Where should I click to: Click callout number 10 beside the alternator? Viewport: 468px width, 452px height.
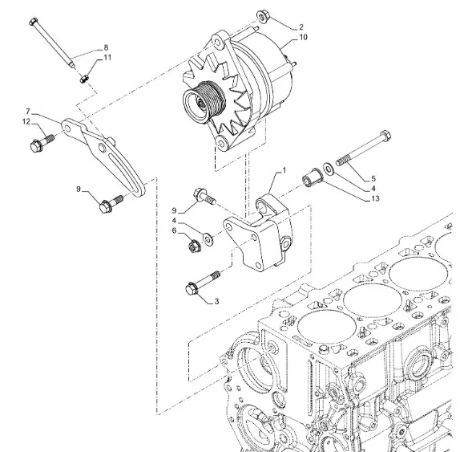[x=303, y=38]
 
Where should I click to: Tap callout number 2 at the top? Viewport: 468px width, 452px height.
[x=301, y=27]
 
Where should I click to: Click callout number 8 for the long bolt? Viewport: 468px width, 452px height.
[x=106, y=47]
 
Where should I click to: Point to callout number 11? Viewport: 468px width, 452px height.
[x=107, y=57]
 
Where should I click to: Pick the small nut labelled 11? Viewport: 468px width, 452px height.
[x=84, y=79]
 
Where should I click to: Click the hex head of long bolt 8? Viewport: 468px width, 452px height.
[x=34, y=22]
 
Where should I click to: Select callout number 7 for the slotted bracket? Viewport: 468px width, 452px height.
[x=28, y=112]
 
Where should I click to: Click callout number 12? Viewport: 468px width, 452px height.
[x=26, y=122]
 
